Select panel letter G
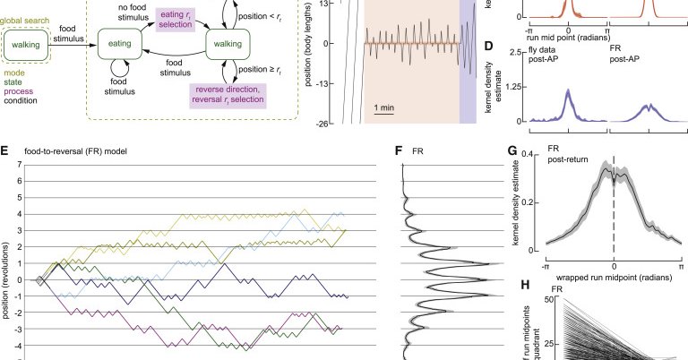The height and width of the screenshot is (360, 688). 513,152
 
